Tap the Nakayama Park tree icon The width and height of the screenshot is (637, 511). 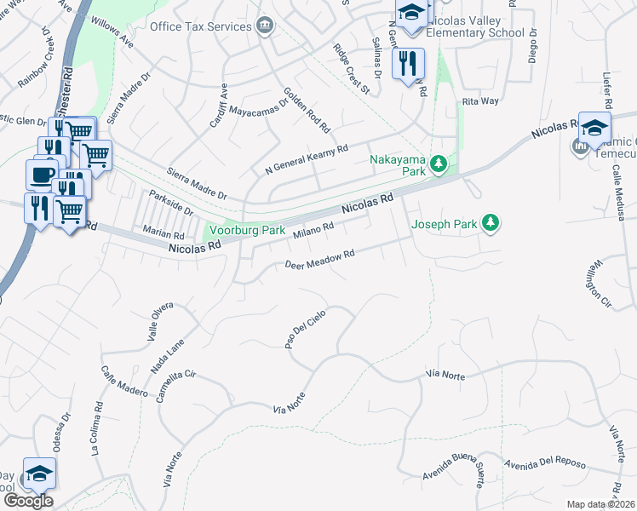pyautogui.click(x=439, y=163)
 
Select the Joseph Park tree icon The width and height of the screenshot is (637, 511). pyautogui.click(x=490, y=223)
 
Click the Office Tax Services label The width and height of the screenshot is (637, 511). pyautogui.click(x=200, y=26)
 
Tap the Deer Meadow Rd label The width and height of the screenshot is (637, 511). pyautogui.click(x=319, y=260)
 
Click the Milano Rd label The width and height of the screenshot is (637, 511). pyautogui.click(x=313, y=230)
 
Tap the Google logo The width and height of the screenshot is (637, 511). pyautogui.click(x=28, y=501)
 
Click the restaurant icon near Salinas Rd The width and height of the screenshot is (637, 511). pyautogui.click(x=408, y=62)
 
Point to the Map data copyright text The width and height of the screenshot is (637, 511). pyautogui.click(x=600, y=504)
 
